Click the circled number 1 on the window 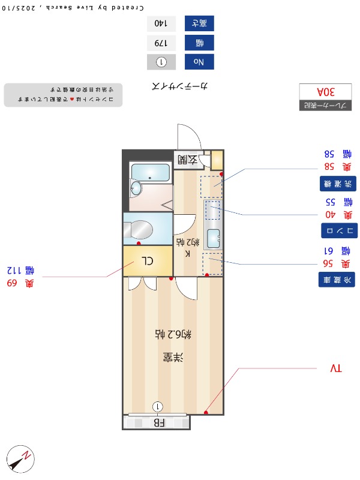coord(157,407)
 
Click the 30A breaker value coord(325,92)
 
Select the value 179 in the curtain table coord(161,43)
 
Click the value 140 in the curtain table coord(161,24)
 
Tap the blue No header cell coord(199,61)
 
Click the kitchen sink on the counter coord(213,235)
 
